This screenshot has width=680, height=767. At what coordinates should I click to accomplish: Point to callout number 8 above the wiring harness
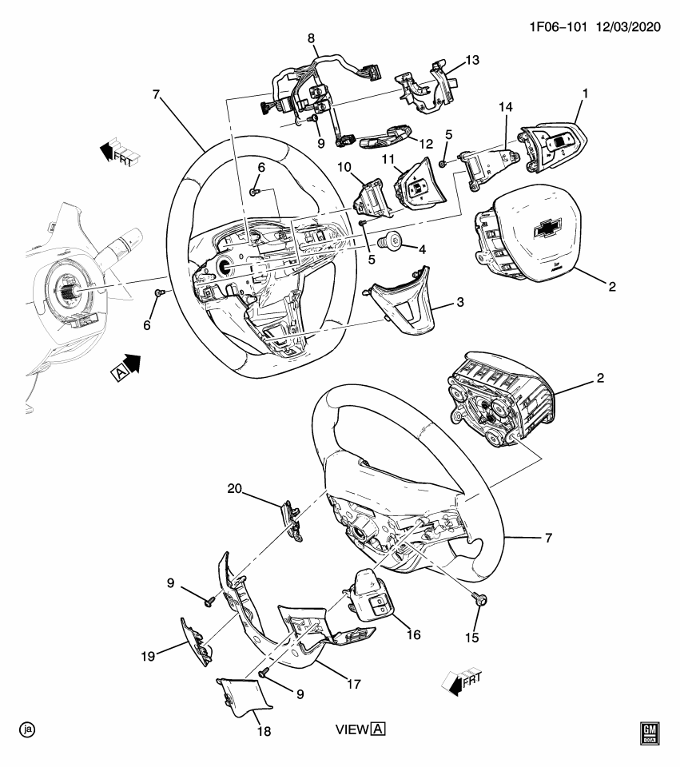311,38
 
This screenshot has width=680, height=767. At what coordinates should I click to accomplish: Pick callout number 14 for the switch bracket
504,106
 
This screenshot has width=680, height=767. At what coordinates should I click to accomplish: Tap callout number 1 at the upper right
584,93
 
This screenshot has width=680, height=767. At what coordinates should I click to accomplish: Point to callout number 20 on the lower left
233,488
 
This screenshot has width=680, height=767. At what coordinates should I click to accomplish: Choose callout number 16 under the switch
413,634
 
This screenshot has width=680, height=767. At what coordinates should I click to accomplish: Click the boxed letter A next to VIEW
378,729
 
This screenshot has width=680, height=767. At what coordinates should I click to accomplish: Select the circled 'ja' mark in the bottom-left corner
28,729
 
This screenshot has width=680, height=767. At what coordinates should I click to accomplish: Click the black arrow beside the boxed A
130,363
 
